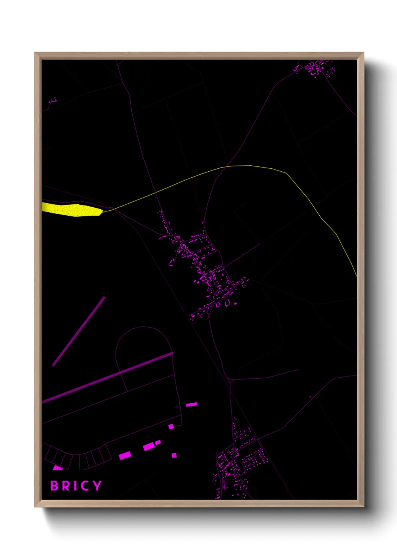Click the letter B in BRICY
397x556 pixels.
[x=54, y=486]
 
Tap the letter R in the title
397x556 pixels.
[x=66, y=486]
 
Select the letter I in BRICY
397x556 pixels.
[x=74, y=486]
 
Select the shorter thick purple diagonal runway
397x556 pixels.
[x=79, y=331]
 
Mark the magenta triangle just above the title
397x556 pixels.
[x=57, y=468]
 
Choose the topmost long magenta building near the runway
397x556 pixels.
[x=192, y=404]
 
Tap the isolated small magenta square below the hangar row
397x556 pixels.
[x=174, y=455]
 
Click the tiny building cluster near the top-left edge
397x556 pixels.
[x=53, y=100]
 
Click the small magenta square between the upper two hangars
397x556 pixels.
[x=171, y=426]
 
